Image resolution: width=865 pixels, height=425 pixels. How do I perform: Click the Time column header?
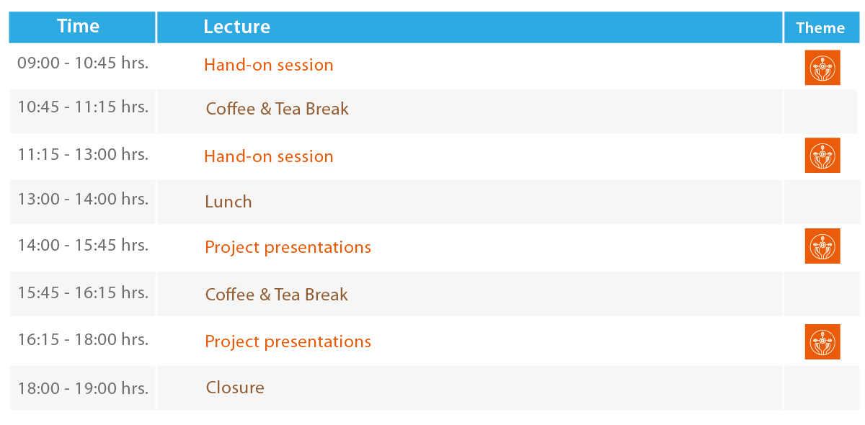click(79, 26)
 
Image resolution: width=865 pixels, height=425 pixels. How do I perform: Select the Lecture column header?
click(236, 27)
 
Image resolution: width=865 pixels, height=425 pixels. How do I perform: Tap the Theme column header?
click(820, 28)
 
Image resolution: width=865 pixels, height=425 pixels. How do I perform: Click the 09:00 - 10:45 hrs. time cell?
click(83, 63)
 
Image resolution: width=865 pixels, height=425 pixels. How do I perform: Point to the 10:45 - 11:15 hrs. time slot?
click(83, 107)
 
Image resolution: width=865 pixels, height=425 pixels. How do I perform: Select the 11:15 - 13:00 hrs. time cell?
click(83, 154)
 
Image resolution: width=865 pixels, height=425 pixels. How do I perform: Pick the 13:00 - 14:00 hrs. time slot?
click(83, 200)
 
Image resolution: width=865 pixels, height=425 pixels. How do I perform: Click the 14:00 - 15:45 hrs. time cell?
click(83, 245)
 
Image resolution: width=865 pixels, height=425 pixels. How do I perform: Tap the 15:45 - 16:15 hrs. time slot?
click(83, 292)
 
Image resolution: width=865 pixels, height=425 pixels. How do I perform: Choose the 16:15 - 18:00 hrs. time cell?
click(83, 340)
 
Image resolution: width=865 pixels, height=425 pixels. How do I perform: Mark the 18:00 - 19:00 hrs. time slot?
click(83, 388)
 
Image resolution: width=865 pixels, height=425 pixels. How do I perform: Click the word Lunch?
click(229, 202)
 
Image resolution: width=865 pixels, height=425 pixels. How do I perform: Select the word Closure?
click(235, 388)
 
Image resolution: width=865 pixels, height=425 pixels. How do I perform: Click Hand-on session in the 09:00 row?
click(268, 65)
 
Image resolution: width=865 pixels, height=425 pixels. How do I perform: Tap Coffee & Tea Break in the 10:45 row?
click(278, 109)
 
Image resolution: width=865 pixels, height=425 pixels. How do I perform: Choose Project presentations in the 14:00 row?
click(288, 247)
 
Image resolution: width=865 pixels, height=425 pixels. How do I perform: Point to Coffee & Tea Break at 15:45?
click(277, 295)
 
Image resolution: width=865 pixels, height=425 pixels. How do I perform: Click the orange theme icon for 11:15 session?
click(822, 155)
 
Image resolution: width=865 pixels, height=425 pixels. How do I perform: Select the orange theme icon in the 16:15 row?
click(822, 341)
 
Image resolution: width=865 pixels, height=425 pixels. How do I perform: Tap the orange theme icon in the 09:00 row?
click(822, 68)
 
